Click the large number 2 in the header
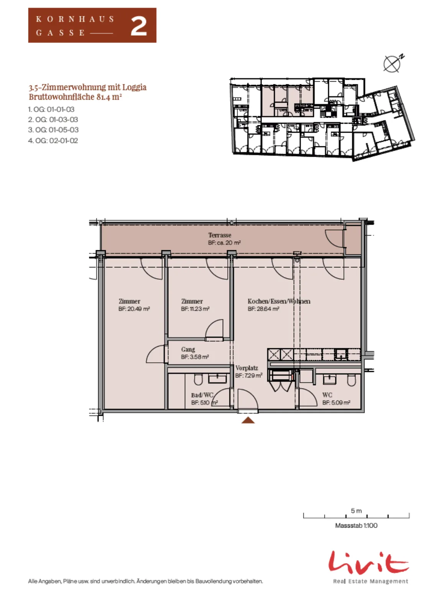click(x=139, y=26)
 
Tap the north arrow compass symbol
click(x=393, y=64)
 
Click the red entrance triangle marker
click(x=248, y=420)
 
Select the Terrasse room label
click(x=220, y=235)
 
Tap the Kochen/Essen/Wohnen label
click(x=279, y=301)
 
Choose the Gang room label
click(x=188, y=349)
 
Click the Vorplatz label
click(x=247, y=368)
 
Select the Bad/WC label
click(x=202, y=395)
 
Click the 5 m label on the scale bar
click(x=356, y=511)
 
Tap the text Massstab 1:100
click(x=356, y=525)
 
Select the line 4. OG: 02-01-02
click(x=53, y=140)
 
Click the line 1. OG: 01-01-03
click(x=51, y=109)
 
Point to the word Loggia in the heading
click(x=134, y=87)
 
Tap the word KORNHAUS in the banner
click(x=75, y=19)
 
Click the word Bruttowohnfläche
click(x=62, y=97)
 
